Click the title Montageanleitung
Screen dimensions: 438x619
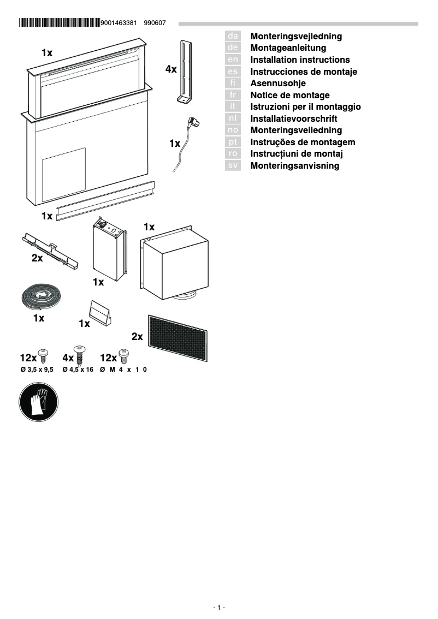click(x=288, y=48)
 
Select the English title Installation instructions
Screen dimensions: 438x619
click(x=300, y=59)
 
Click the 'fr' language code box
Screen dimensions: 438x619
click(x=233, y=95)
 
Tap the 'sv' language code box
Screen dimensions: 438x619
click(x=233, y=165)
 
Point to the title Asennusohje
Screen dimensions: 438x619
click(x=277, y=83)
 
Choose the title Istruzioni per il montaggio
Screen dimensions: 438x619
click(x=305, y=106)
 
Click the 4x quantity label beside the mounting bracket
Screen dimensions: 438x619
click(x=171, y=69)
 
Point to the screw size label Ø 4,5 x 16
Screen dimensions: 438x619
click(x=78, y=370)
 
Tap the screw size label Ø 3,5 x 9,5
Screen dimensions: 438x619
click(x=37, y=370)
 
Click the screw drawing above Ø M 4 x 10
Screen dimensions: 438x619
click(x=123, y=355)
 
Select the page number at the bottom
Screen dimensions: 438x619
click(x=219, y=608)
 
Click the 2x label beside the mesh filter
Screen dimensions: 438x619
click(x=137, y=337)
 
